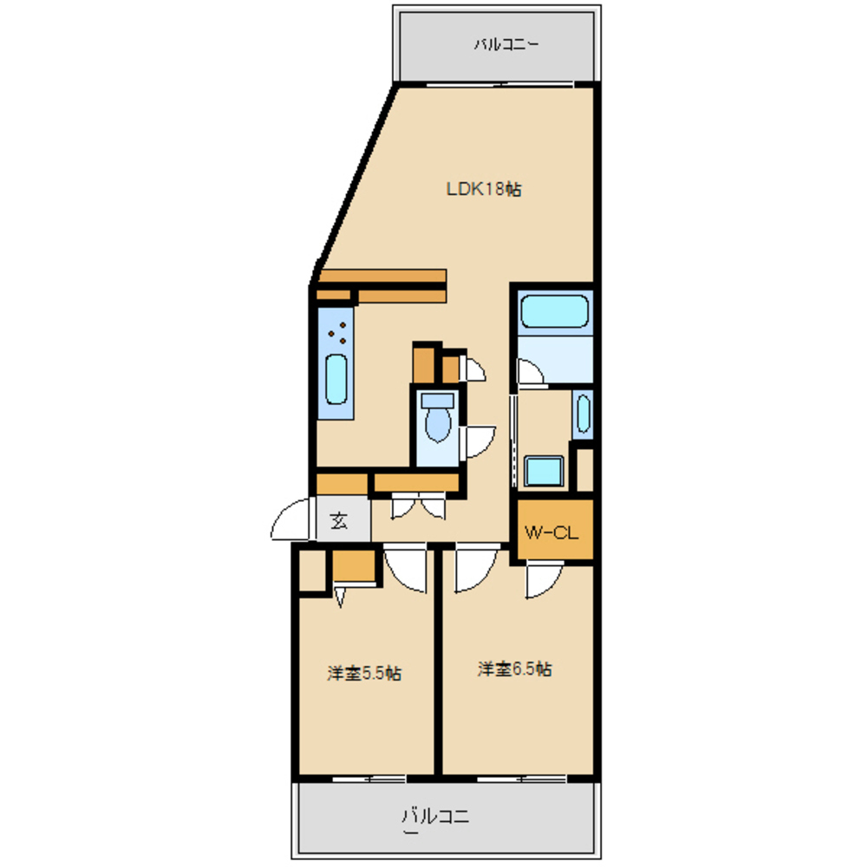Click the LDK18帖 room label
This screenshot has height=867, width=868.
[x=484, y=189]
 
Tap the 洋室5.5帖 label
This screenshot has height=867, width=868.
[x=364, y=673]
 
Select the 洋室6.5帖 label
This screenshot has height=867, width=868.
[x=515, y=668]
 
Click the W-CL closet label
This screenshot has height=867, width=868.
[x=551, y=532]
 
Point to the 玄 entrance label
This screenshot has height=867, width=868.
[x=339, y=520]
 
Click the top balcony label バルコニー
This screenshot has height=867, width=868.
[x=506, y=44]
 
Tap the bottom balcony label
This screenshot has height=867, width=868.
[x=435, y=818]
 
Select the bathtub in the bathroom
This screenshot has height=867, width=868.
[x=554, y=311]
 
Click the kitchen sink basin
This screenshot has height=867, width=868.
[x=336, y=379]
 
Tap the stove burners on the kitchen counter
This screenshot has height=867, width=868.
[x=337, y=333]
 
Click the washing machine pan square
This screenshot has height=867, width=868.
[x=545, y=471]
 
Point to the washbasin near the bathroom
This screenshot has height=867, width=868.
[x=584, y=413]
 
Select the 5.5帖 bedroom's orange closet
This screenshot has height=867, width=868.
[x=354, y=565]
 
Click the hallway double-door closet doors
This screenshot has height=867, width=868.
[x=418, y=505]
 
